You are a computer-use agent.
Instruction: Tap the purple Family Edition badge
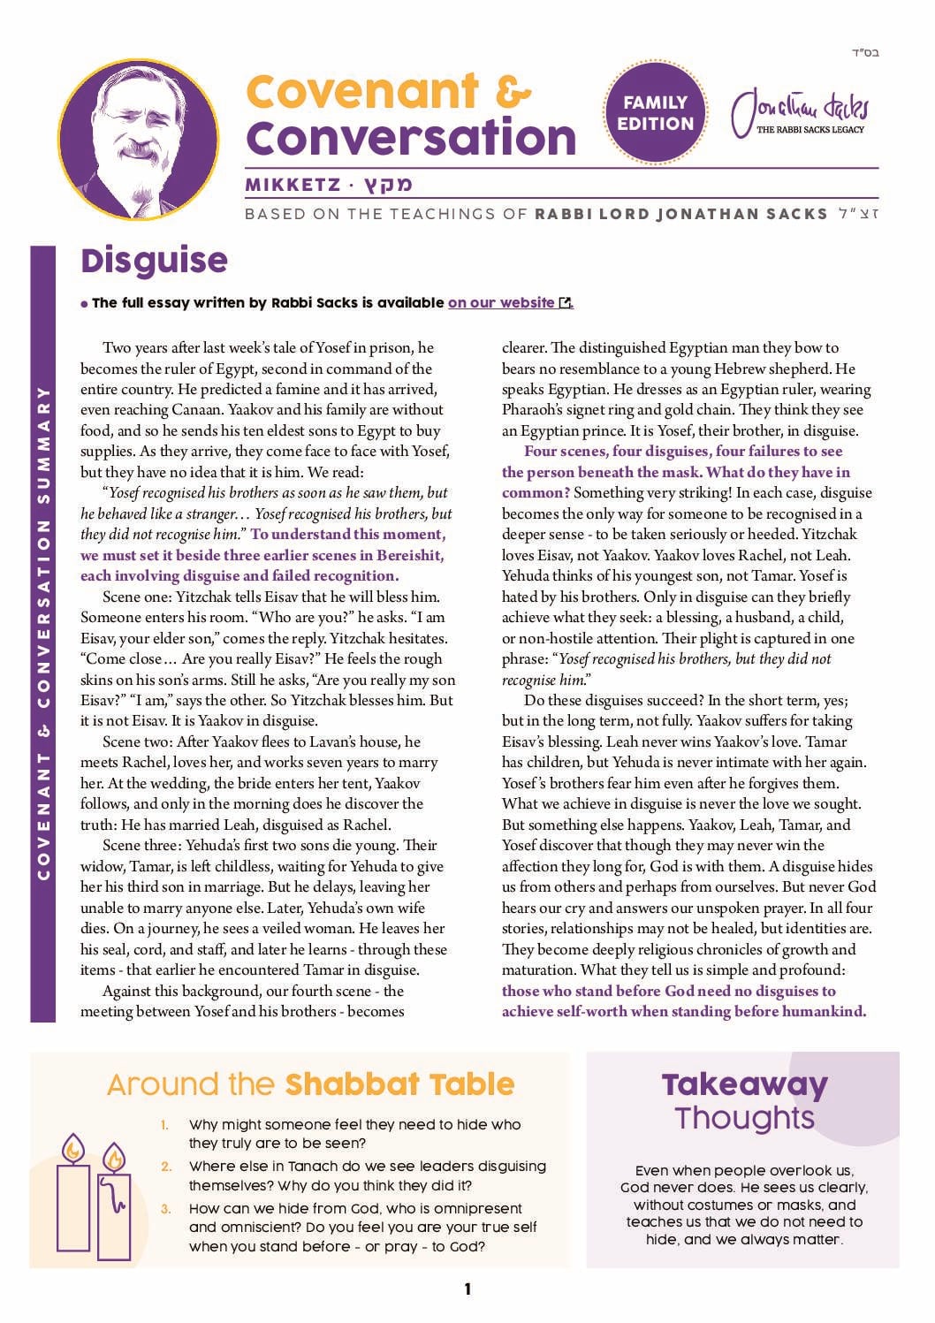pos(655,113)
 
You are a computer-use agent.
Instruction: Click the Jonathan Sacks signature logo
pos(800,113)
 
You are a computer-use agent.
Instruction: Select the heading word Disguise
pos(154,261)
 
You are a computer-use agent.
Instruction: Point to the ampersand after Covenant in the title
pos(513,91)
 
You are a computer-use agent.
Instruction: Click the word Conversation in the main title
pos(411,138)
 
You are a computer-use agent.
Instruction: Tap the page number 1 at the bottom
pos(467,1289)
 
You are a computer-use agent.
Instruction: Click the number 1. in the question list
pos(165,1125)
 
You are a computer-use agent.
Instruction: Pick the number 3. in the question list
pos(166,1208)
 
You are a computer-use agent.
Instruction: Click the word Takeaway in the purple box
pos(744,1084)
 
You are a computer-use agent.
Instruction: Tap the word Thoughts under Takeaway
pos(744,1118)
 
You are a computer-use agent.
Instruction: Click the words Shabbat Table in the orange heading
pos(399,1084)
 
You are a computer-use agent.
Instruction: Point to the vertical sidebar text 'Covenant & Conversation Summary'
pos(43,633)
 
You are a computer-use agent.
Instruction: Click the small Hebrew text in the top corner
pos(865,53)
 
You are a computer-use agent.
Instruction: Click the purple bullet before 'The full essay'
pos(85,304)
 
